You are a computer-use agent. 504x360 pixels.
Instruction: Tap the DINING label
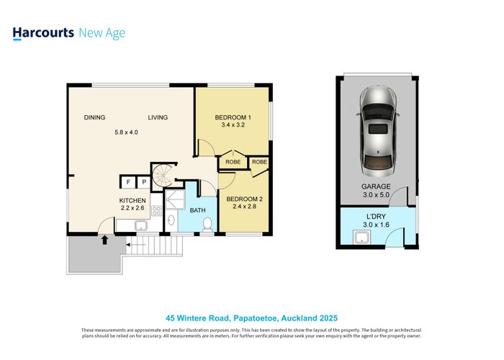[x=94, y=118]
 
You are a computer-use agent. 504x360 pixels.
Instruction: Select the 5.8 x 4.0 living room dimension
[x=126, y=132]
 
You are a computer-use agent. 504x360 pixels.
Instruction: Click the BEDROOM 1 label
[x=233, y=118]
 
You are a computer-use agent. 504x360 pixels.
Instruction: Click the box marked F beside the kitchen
[x=128, y=182]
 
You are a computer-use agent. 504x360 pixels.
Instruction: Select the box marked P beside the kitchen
[x=143, y=182]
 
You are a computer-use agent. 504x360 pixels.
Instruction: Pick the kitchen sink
[x=140, y=226]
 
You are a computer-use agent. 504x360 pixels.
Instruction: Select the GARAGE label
[x=376, y=186]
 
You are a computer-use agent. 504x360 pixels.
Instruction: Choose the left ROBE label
[x=233, y=162]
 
